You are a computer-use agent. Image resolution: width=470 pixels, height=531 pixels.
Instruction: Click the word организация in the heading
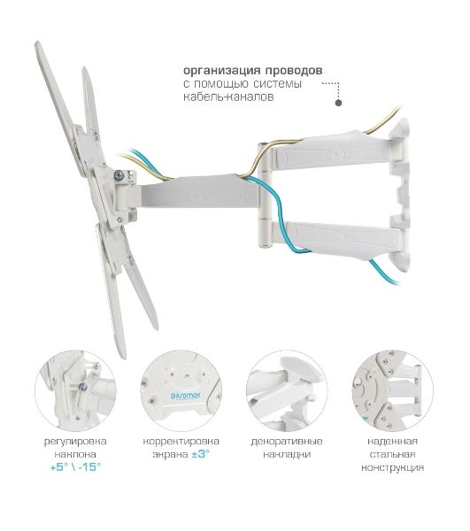(x=222, y=71)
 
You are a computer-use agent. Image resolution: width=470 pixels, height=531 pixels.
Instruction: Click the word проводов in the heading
(x=294, y=71)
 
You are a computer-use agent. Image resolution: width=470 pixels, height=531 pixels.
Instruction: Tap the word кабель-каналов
(x=228, y=96)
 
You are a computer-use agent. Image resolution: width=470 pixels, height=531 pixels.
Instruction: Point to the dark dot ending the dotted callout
(x=338, y=103)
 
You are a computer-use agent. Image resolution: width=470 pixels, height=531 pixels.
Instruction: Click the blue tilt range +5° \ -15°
(x=75, y=467)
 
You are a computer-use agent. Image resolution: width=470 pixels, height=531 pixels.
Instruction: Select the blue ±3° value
(x=200, y=454)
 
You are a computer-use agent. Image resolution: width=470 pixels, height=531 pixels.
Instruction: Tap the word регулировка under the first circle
(x=75, y=442)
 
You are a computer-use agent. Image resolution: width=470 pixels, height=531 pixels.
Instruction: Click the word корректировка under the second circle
(x=181, y=442)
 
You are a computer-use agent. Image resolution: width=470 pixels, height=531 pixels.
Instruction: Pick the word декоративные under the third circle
(x=287, y=442)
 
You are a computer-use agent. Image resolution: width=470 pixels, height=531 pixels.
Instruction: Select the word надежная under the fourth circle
(x=392, y=442)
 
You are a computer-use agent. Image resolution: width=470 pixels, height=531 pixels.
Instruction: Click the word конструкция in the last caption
(x=392, y=467)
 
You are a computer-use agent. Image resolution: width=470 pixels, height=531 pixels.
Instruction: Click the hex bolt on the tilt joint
(x=119, y=174)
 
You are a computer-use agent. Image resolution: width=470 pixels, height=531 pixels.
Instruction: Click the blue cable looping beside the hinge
(x=281, y=217)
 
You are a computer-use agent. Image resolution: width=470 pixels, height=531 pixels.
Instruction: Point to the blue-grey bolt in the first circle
(x=82, y=387)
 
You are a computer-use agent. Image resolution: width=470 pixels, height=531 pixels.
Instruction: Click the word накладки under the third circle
(x=287, y=455)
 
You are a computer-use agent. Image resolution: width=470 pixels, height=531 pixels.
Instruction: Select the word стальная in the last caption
(x=392, y=455)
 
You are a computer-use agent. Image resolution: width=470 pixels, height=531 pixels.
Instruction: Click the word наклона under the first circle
(x=75, y=455)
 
